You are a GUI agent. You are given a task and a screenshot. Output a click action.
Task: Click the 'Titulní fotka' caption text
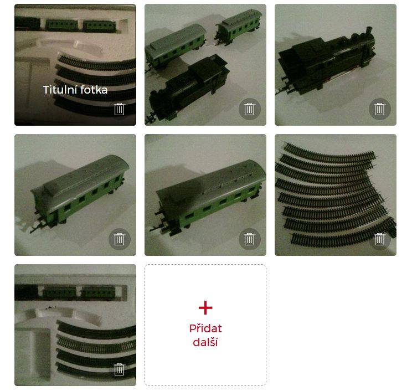(75, 90)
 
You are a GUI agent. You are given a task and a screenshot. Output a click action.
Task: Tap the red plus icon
(205, 308)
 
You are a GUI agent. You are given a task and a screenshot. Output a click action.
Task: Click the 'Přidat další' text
(205, 335)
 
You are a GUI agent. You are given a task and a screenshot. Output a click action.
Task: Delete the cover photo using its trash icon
(119, 109)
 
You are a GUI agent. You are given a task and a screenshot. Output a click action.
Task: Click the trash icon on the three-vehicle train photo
(249, 109)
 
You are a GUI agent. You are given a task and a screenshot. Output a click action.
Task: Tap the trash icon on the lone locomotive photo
(379, 109)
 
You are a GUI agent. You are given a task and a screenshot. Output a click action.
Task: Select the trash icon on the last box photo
(119, 369)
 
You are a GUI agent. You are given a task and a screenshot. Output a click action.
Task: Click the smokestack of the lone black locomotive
(369, 32)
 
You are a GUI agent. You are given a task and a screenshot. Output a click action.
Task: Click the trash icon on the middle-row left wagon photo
(119, 239)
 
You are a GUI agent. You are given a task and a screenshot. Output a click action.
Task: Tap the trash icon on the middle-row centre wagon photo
(249, 239)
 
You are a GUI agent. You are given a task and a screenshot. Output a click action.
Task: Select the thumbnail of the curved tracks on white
(336, 195)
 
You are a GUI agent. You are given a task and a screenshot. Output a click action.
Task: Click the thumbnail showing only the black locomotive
(336, 65)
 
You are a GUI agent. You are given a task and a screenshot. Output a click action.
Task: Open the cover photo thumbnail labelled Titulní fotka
(75, 65)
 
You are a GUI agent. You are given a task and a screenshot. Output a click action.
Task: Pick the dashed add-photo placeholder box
(205, 325)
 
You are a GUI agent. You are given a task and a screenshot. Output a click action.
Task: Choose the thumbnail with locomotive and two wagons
(205, 65)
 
